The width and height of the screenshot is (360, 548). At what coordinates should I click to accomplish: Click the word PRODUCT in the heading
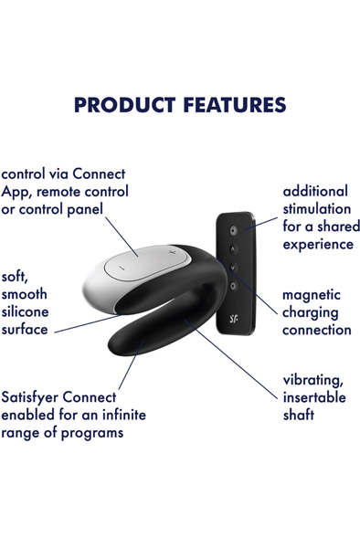[x=123, y=104]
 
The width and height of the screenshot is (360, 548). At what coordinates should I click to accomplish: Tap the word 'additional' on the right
[x=315, y=191]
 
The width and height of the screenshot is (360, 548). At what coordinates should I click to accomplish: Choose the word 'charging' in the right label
[x=311, y=312]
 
